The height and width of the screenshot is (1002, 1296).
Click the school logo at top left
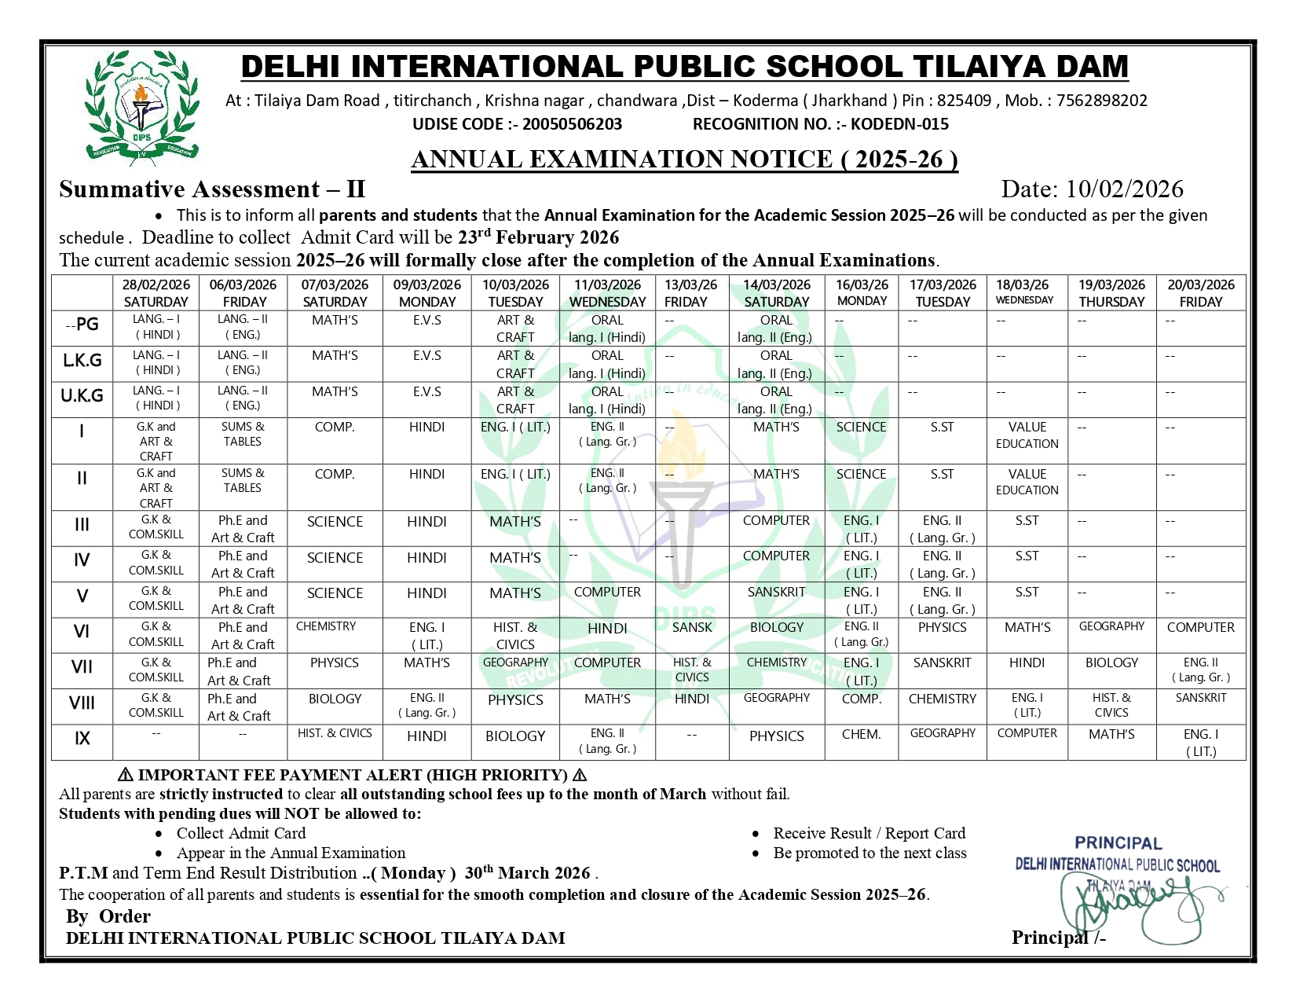point(141,105)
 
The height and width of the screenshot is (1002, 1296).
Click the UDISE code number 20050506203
point(572,124)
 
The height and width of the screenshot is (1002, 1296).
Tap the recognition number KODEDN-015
point(899,124)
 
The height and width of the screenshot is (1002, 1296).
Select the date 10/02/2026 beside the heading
point(1124,189)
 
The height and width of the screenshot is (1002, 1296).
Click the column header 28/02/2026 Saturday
point(156,293)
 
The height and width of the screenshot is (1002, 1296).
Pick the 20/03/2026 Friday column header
point(1200,293)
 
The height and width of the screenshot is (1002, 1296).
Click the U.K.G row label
point(82,396)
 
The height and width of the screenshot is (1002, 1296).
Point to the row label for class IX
point(82,739)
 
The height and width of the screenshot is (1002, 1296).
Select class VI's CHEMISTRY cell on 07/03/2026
point(326,627)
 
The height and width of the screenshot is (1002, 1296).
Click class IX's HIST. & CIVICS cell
point(335,733)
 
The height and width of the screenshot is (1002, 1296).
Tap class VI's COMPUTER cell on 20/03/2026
point(1200,628)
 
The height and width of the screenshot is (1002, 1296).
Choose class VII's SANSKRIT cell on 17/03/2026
point(942,663)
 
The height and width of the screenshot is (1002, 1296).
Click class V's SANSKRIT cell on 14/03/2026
point(776,593)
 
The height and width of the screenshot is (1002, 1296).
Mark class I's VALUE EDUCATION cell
point(1027,435)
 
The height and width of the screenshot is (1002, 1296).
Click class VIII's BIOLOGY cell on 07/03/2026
point(335,699)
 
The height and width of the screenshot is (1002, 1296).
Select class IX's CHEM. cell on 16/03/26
point(861,734)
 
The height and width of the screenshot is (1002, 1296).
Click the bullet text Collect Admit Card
point(240,834)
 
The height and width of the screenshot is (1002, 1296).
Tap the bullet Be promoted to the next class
point(869,853)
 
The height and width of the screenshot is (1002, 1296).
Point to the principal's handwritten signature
point(1139,904)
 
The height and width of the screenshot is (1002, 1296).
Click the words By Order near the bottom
point(108,916)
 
